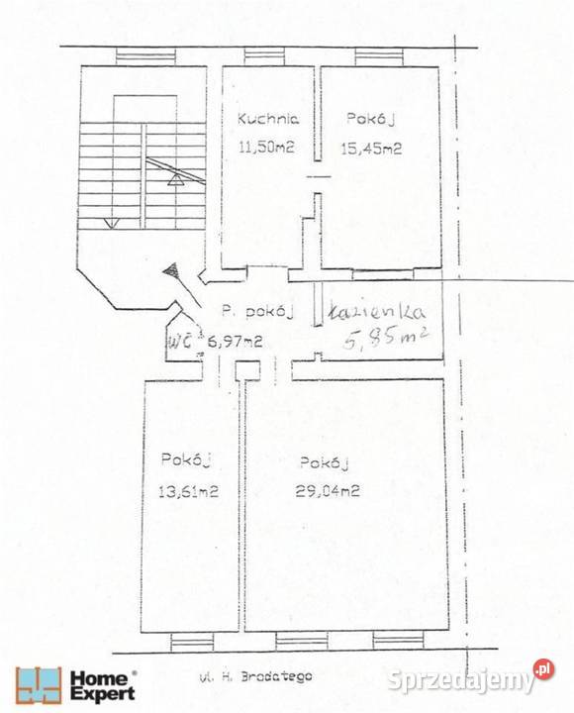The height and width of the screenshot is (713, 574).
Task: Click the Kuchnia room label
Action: pos(268,119)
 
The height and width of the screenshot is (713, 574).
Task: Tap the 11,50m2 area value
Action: pos(266,147)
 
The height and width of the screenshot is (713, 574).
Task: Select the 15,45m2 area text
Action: pos(371,149)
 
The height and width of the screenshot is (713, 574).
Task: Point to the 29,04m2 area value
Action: pos(328,491)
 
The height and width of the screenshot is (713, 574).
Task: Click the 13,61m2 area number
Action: pos(189,491)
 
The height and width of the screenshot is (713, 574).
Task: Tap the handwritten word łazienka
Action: pos(377,312)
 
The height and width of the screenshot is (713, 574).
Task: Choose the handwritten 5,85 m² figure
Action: pos(385,339)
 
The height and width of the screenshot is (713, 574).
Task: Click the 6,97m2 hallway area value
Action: pos(235,341)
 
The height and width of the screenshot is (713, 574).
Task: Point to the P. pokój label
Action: pos(257,312)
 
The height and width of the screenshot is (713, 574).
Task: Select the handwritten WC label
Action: pos(181,341)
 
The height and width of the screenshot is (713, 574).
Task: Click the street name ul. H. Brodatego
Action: pos(256,676)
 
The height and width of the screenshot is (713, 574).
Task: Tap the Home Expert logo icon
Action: pos(39,685)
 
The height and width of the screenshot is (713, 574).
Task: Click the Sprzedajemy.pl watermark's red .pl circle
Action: pos(543,669)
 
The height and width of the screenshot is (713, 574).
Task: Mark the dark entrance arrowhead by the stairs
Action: pos(171,271)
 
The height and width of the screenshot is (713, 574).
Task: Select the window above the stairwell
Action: pos(145,56)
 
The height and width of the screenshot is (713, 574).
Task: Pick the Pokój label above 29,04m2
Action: pos(324,462)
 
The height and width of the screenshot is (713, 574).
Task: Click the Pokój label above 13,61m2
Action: pos(186,459)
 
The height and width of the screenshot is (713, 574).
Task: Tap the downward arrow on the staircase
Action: pos(112,223)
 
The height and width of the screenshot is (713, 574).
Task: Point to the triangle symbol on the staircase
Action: pos(176,179)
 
